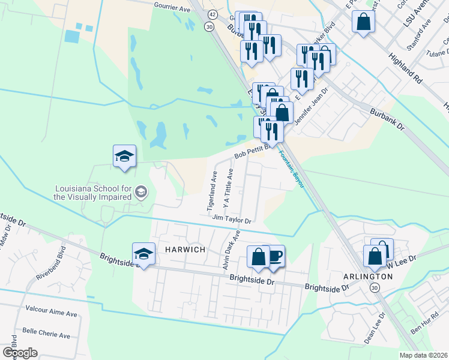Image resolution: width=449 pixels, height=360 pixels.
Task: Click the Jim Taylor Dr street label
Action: [x=231, y=220]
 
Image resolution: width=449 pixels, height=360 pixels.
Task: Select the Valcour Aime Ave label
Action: [x=52, y=313]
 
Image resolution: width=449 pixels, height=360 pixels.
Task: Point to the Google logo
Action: [x=20, y=352]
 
